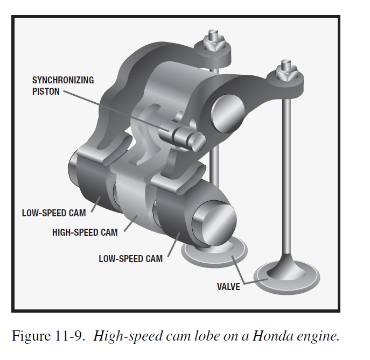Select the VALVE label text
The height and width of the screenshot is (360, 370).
click(228, 286)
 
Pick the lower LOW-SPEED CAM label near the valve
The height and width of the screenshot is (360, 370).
click(130, 258)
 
